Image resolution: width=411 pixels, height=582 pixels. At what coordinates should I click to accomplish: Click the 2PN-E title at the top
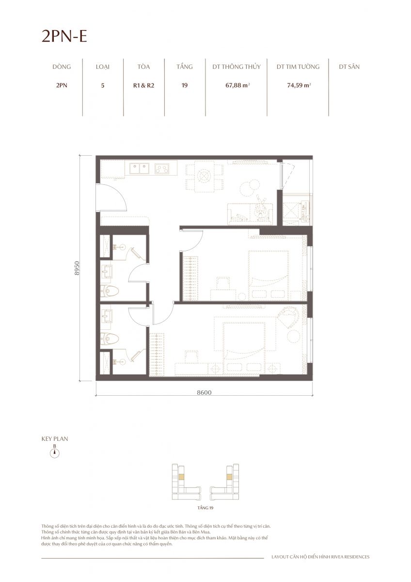[x=64, y=36]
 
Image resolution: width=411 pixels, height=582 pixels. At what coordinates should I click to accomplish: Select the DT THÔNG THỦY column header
[x=236, y=67]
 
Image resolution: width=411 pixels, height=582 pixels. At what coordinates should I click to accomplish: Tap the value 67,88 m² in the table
[x=237, y=85]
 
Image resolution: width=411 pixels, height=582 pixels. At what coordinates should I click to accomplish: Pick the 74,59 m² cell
[x=299, y=85]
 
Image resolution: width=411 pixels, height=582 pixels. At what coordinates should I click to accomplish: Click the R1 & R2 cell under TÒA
[x=143, y=85]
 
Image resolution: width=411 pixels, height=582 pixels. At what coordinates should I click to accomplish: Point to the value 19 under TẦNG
[x=185, y=85]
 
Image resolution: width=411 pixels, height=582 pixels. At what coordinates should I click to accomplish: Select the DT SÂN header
[x=349, y=67]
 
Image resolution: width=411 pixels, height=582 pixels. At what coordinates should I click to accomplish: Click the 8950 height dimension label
[x=77, y=268]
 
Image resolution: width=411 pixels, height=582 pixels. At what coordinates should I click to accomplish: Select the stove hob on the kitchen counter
[x=162, y=168]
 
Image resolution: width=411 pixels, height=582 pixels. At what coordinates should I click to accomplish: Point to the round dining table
[x=205, y=177]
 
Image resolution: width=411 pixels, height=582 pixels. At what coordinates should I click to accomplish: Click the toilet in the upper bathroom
[x=110, y=291]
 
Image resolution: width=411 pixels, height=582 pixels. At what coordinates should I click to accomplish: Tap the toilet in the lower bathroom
[x=110, y=339]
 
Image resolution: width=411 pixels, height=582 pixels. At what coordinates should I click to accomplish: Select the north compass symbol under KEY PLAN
[x=54, y=453]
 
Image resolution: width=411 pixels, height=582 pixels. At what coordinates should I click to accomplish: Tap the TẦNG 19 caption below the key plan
[x=205, y=507]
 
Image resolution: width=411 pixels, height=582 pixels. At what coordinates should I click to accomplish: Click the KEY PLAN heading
[x=55, y=439]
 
